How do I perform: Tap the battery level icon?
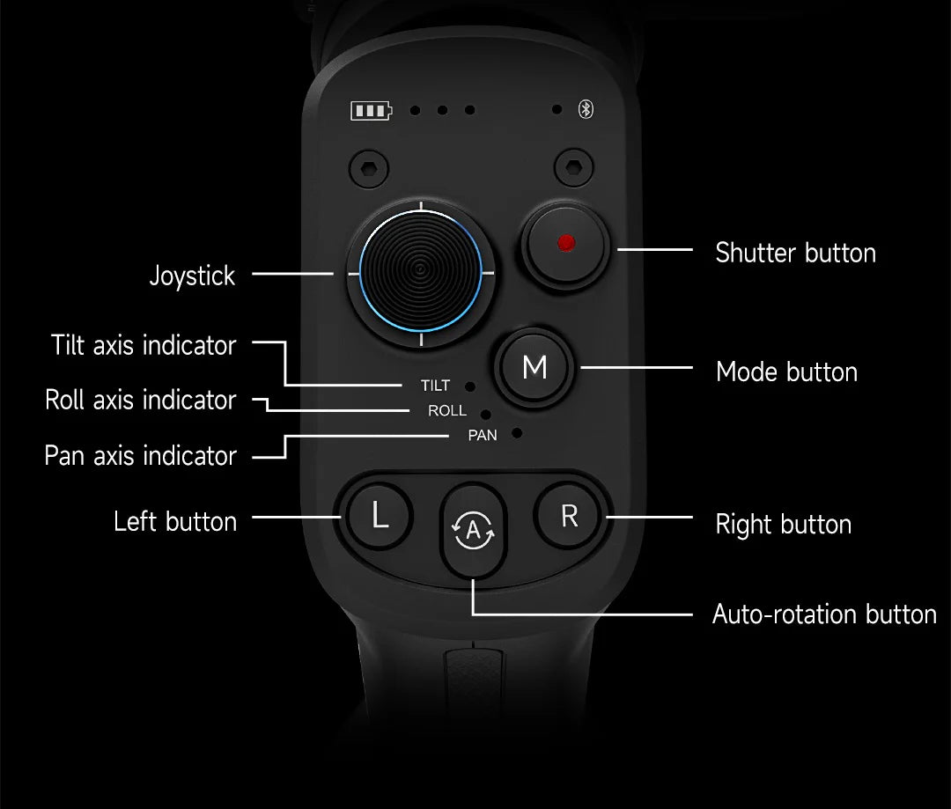(372, 111)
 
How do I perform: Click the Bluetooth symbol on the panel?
(586, 109)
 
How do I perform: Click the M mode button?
(534, 367)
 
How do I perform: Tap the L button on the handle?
(379, 516)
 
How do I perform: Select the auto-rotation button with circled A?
(473, 530)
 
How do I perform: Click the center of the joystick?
(420, 271)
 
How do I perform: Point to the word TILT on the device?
(435, 386)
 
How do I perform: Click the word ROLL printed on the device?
(447, 411)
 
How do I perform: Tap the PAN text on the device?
(483, 436)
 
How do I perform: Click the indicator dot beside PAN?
(517, 433)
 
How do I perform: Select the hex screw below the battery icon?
(369, 168)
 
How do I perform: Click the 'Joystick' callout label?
(192, 276)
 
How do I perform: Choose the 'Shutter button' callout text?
(795, 253)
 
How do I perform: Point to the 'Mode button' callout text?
(786, 371)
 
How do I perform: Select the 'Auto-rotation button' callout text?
(824, 614)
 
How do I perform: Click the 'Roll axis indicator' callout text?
(141, 401)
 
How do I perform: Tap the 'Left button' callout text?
(175, 521)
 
